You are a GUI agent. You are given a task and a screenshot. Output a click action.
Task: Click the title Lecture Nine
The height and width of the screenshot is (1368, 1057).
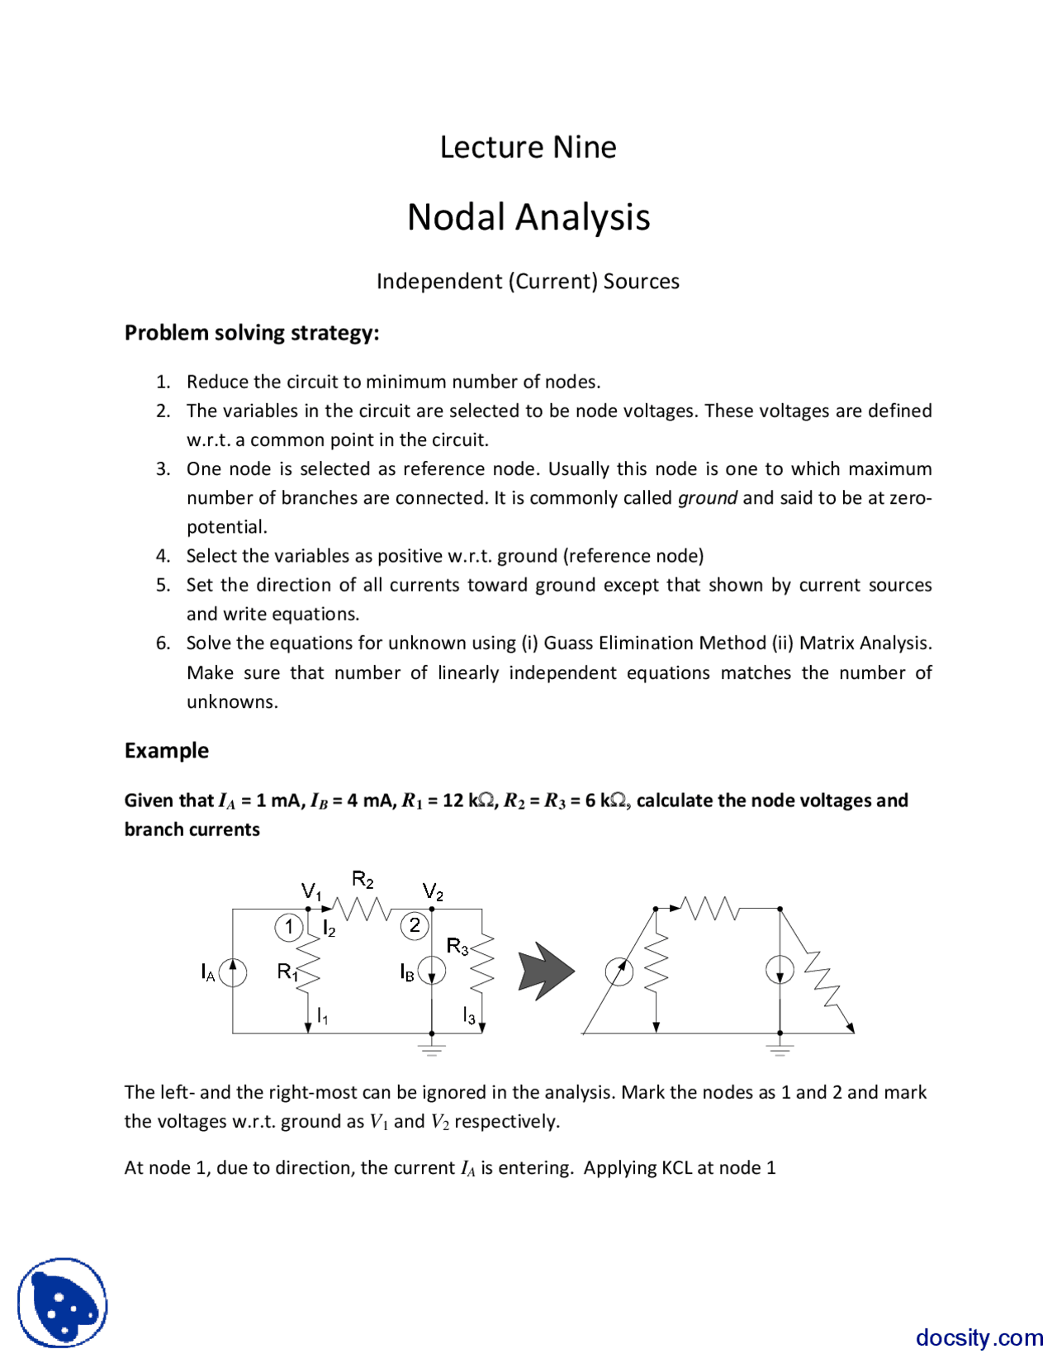point(528,147)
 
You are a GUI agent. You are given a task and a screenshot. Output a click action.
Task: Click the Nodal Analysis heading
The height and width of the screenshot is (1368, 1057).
point(528,217)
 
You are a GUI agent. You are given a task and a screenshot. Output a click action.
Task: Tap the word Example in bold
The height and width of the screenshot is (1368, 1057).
point(166,750)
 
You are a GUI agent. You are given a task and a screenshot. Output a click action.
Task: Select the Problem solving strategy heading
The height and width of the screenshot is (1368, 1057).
point(252,333)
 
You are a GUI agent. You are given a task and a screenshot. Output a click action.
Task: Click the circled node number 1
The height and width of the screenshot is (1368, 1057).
point(288,927)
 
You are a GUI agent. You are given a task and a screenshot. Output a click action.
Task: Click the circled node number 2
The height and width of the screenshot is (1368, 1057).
point(415,925)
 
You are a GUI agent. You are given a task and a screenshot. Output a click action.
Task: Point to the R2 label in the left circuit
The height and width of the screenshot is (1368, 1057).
point(363,879)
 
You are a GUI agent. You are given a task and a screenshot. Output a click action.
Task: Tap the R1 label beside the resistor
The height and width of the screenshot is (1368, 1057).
point(287,972)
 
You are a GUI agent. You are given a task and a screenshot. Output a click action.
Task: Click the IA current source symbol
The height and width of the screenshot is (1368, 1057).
point(233,971)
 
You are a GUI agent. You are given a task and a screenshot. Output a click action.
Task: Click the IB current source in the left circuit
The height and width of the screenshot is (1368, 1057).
point(432,971)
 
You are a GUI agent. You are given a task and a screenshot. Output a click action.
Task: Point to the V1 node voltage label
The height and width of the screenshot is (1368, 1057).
point(311,891)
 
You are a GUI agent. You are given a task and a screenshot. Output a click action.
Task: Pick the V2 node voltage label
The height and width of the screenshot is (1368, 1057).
point(433,891)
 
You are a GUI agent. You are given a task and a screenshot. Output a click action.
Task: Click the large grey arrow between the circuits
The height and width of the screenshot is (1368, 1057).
point(545,971)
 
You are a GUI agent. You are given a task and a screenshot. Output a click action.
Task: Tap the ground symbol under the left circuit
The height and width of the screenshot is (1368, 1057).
point(432,1048)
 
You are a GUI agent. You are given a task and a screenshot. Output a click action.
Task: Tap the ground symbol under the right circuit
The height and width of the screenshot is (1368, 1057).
point(780,1048)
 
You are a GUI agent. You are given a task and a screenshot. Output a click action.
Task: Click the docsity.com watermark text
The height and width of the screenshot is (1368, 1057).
point(979,1337)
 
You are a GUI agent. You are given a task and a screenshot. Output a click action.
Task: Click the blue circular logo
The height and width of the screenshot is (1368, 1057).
point(63,1303)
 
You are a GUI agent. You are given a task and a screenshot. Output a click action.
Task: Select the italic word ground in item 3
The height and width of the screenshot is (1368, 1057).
point(707,498)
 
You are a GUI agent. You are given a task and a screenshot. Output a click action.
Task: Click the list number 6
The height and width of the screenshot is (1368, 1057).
point(164,644)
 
